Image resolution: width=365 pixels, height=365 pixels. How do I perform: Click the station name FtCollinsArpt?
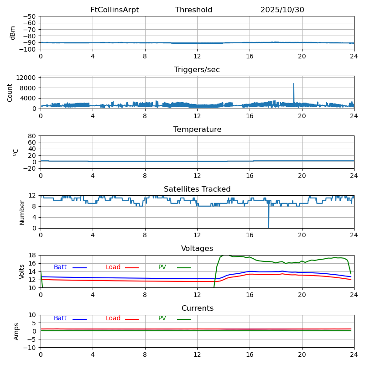pyautogui.click(x=115, y=10)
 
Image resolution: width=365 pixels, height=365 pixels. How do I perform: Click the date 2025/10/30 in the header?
pyautogui.click(x=282, y=10)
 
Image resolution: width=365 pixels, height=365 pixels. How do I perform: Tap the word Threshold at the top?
pyautogui.click(x=193, y=10)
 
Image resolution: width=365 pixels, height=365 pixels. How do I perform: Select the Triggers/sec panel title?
pyautogui.click(x=197, y=70)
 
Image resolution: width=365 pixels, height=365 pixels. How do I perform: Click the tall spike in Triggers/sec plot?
pyautogui.click(x=293, y=84)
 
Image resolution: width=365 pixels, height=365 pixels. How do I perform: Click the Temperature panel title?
pyautogui.click(x=197, y=130)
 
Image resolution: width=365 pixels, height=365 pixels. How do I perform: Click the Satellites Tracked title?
pyautogui.click(x=197, y=189)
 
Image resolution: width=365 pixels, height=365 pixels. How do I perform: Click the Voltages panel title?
pyautogui.click(x=197, y=249)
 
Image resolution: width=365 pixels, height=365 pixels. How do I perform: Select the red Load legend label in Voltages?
pyautogui.click(x=113, y=267)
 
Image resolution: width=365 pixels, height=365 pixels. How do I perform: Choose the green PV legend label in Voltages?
pyautogui.click(x=162, y=267)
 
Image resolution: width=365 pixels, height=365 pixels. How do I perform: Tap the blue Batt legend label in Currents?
pyautogui.click(x=60, y=318)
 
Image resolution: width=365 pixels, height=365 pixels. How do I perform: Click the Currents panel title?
pyautogui.click(x=197, y=308)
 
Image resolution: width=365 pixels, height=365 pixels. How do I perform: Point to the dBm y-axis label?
pyautogui.click(x=13, y=33)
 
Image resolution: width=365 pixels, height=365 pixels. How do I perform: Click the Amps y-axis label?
pyautogui.click(x=16, y=331)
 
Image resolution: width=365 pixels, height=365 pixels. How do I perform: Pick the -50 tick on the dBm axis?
pyautogui.click(x=29, y=16)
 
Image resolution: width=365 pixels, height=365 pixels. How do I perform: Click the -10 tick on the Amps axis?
pyautogui.click(x=29, y=348)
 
